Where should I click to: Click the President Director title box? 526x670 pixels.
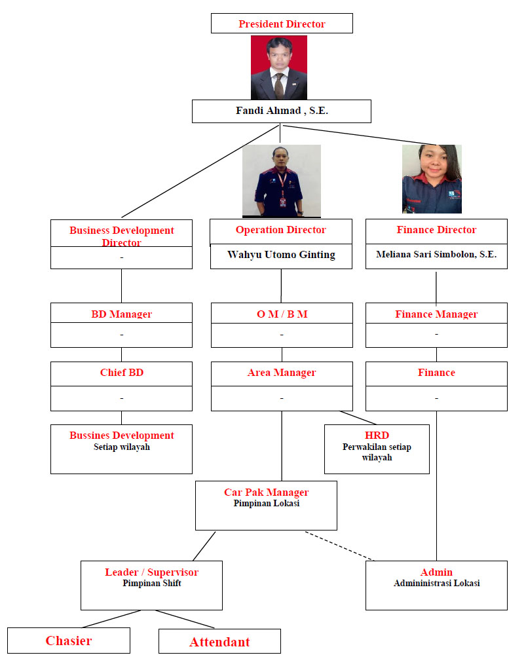click(x=282, y=24)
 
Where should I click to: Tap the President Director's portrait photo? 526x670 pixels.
click(x=278, y=67)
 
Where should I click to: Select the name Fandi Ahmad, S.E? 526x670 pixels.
click(x=282, y=111)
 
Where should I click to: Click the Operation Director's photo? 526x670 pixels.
click(x=282, y=181)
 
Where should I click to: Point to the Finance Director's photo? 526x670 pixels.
click(x=432, y=179)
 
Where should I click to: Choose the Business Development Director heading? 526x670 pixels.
click(x=122, y=236)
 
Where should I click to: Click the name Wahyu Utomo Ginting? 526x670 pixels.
click(x=281, y=255)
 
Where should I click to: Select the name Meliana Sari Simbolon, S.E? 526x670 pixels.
click(x=436, y=255)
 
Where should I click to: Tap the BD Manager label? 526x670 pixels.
click(x=121, y=314)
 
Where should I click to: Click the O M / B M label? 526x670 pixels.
click(x=282, y=314)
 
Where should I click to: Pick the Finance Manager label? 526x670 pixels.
click(x=436, y=314)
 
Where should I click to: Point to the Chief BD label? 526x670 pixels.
click(x=121, y=373)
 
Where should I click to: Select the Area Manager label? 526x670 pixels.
click(x=282, y=373)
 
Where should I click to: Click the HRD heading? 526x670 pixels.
click(x=377, y=436)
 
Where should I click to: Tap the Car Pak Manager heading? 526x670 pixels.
click(x=266, y=492)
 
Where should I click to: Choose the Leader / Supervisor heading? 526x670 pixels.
click(x=151, y=572)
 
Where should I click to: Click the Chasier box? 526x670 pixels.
click(x=69, y=641)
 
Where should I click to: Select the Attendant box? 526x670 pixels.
click(x=219, y=642)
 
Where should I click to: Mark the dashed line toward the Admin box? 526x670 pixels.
click(x=339, y=546)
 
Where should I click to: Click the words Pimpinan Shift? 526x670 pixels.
click(x=151, y=584)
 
